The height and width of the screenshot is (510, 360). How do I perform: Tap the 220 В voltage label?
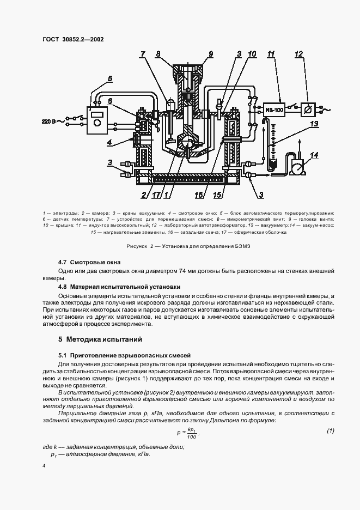click(50, 121)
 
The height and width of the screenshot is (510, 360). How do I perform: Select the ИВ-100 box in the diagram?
click(274, 110)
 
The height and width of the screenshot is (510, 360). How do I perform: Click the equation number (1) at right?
click(330, 432)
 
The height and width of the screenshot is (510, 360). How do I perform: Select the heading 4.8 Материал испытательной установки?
click(119, 287)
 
